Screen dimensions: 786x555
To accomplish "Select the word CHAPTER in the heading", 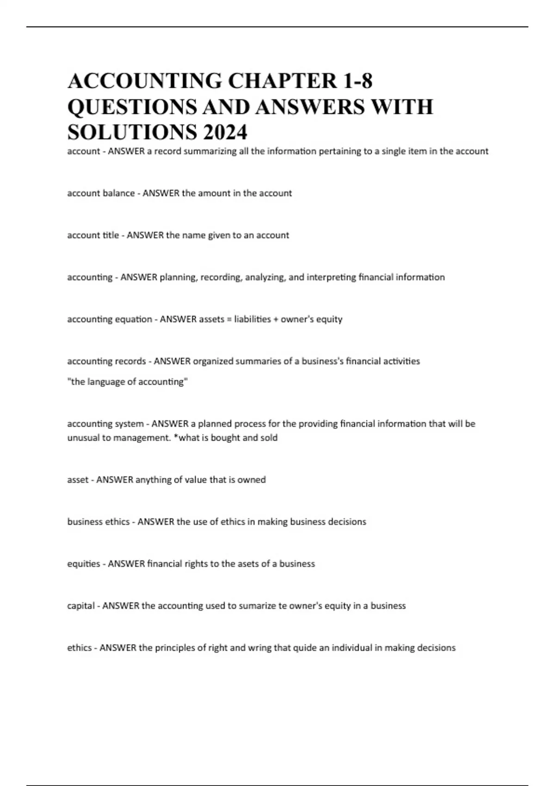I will (283, 81).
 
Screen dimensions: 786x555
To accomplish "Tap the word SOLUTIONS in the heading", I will (131, 132).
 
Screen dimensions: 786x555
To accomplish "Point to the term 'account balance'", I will (101, 193).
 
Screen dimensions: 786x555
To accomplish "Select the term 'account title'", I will (93, 235).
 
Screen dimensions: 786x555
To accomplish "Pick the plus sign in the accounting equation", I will (276, 319).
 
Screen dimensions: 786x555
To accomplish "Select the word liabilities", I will (253, 319).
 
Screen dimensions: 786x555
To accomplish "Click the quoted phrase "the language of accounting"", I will (128, 382).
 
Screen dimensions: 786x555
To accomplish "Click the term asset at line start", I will (78, 480).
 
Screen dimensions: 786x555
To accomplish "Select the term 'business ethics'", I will (99, 522).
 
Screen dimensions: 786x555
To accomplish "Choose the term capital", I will (81, 606).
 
